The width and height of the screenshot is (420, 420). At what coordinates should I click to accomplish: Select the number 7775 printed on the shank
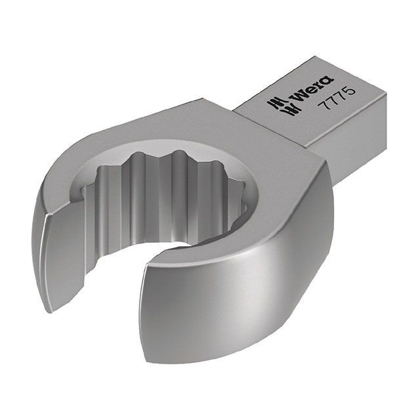[x=339, y=98]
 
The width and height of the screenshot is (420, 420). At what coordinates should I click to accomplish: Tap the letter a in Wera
[x=328, y=81]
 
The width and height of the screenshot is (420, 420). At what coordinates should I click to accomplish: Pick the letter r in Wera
[x=320, y=85]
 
